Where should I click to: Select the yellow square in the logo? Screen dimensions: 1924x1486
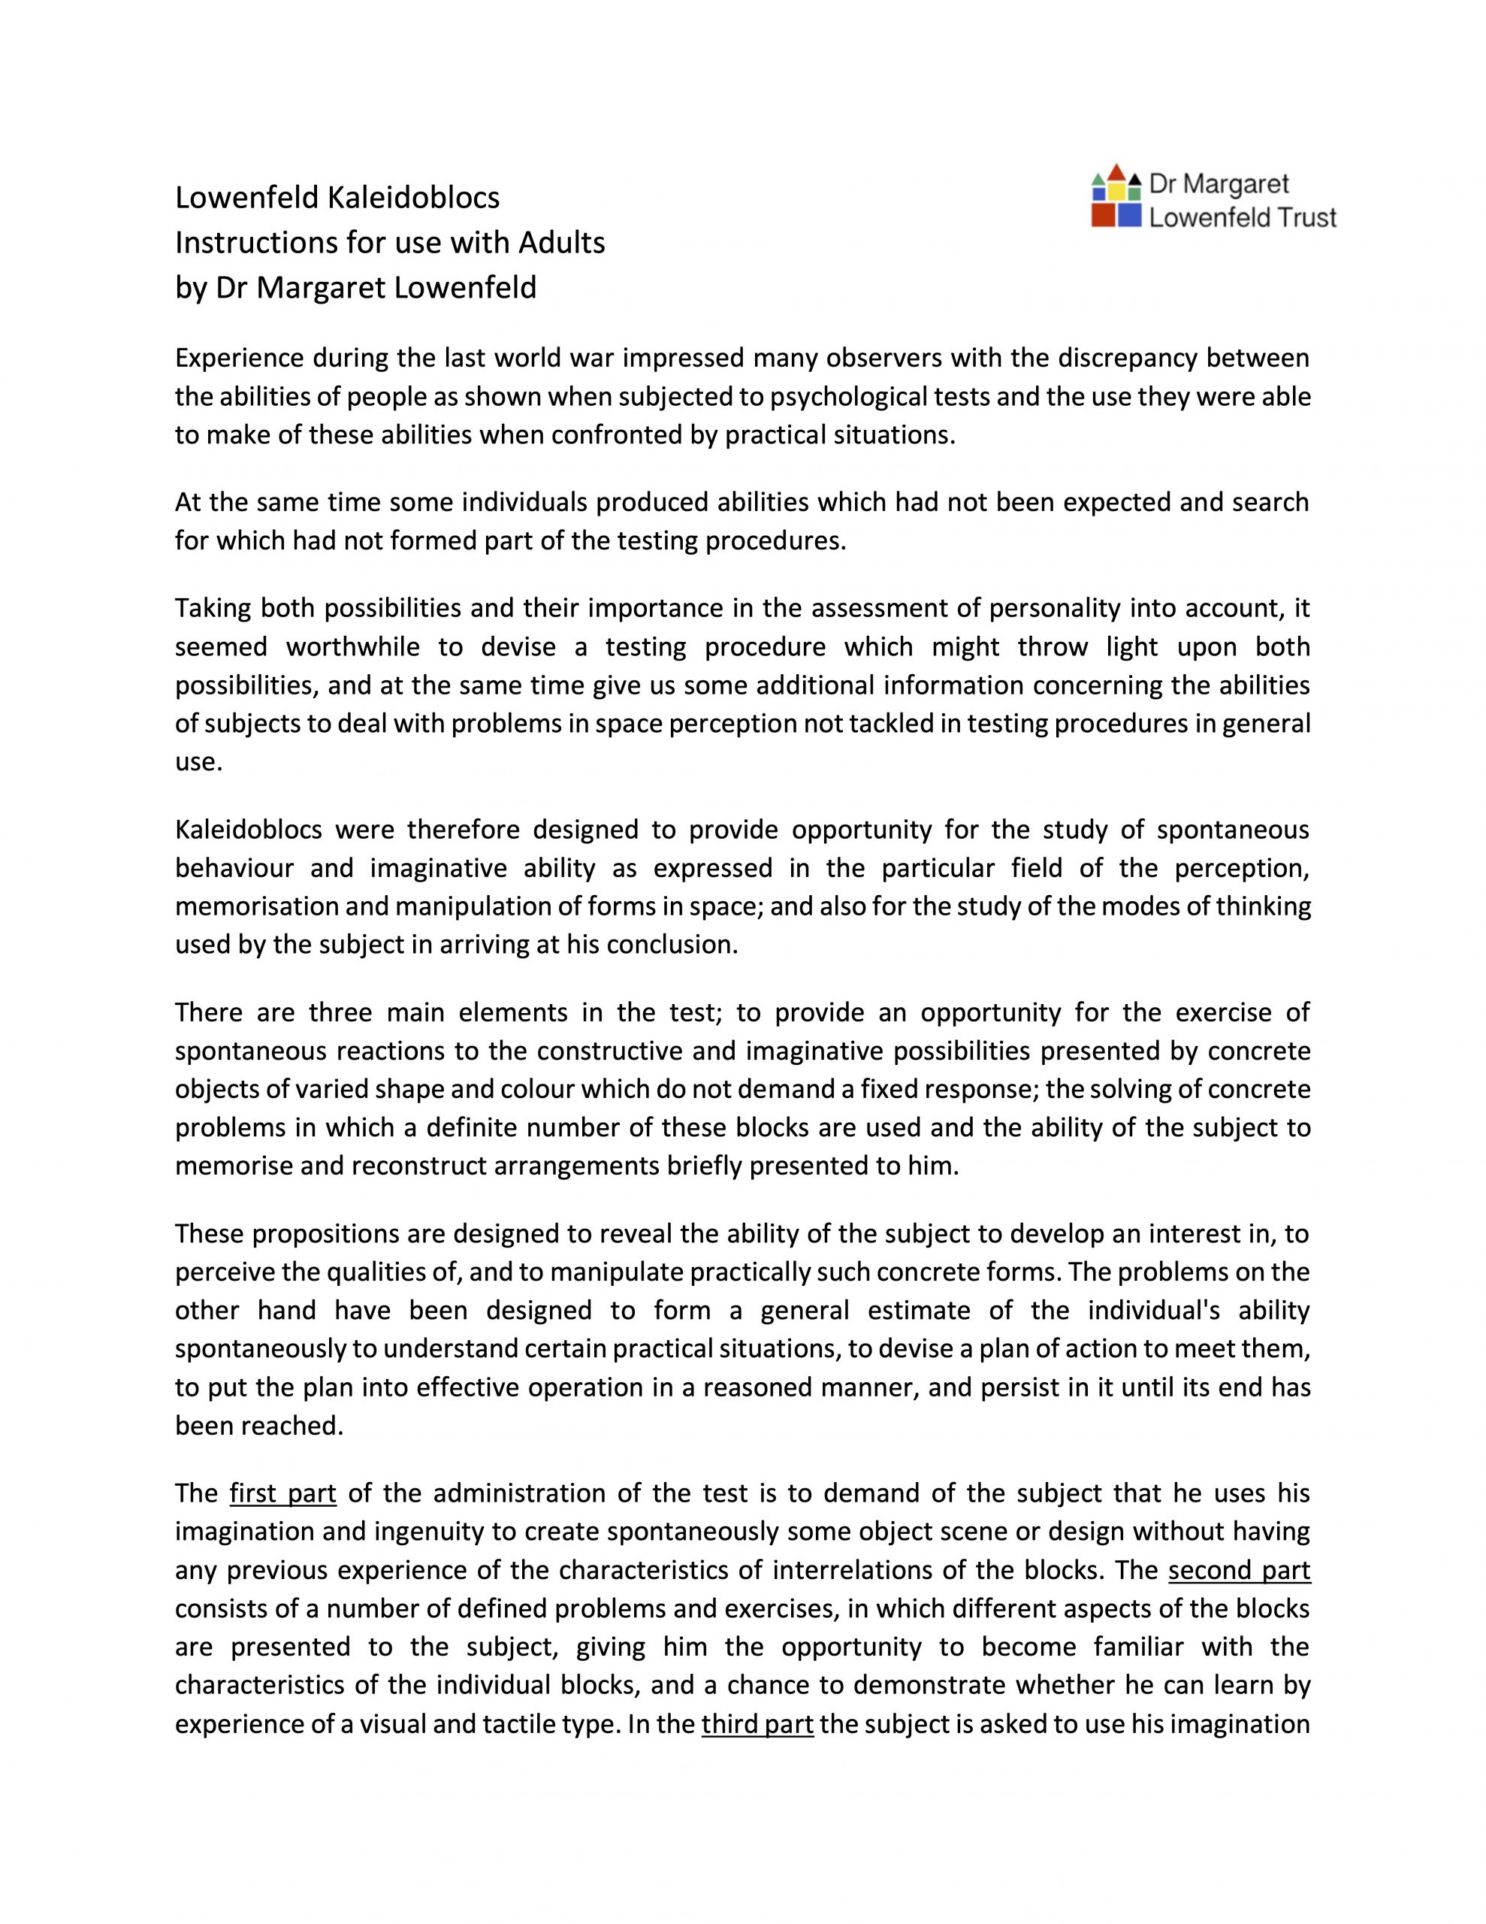(x=1117, y=191)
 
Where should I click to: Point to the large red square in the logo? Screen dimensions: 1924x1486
(x=1103, y=215)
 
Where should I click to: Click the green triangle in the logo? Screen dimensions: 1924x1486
(x=1098, y=180)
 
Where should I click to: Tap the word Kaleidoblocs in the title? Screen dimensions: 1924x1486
(x=413, y=198)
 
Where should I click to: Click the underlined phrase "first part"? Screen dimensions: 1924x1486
(x=282, y=1493)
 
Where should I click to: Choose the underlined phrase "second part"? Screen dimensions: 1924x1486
(x=1239, y=1570)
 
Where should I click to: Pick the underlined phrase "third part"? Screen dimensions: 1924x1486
(x=757, y=1723)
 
